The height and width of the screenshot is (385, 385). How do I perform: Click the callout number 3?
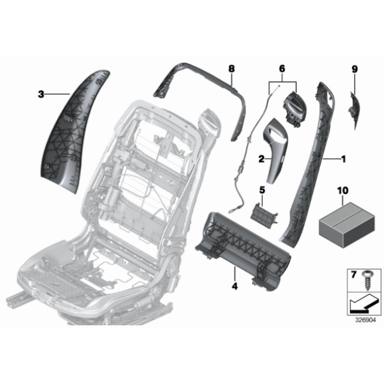click(x=41, y=94)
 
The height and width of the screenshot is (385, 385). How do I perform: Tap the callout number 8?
click(x=231, y=68)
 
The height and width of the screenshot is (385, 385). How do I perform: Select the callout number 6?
click(x=282, y=68)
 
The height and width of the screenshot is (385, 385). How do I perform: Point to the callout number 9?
click(x=354, y=69)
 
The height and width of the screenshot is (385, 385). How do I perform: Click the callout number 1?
click(x=343, y=159)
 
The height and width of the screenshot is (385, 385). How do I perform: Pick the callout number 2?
click(x=262, y=159)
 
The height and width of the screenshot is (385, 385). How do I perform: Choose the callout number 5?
click(x=262, y=190)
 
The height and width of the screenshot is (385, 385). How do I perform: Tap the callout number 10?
click(x=343, y=191)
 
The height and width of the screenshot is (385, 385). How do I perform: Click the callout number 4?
click(x=235, y=286)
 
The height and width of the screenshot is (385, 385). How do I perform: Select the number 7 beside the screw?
click(x=353, y=275)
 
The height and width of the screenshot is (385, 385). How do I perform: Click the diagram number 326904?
click(x=366, y=320)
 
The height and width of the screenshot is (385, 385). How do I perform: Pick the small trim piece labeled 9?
click(x=354, y=110)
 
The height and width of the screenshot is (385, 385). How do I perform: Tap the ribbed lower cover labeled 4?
click(x=243, y=248)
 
